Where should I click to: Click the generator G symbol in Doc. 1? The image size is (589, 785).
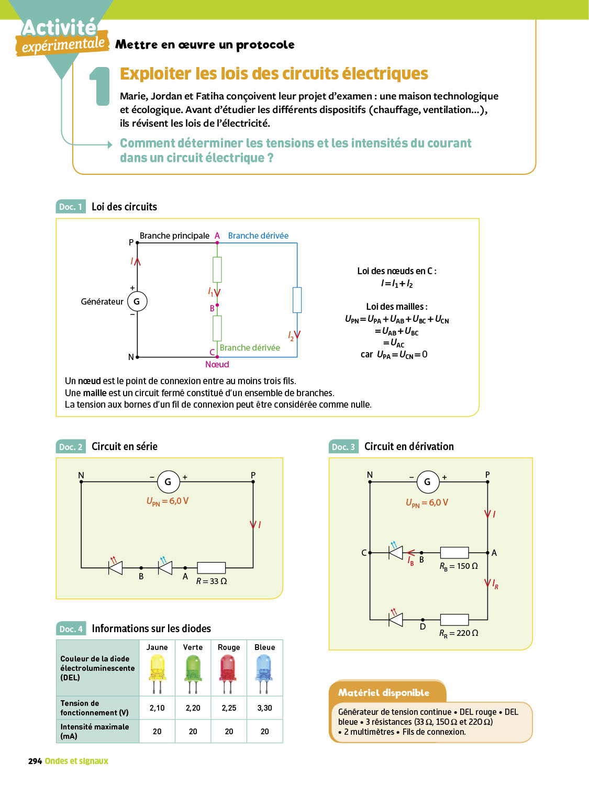click(137, 301)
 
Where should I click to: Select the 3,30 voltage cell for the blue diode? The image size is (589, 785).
click(264, 708)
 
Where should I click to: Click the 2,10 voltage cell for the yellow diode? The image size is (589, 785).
click(157, 708)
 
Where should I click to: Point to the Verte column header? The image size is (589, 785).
click(193, 647)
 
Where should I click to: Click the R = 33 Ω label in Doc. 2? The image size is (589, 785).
click(212, 581)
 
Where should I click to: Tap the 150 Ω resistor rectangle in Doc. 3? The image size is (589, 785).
click(454, 553)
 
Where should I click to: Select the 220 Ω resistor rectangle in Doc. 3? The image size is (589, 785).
click(454, 620)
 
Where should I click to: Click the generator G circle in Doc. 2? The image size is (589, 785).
click(168, 481)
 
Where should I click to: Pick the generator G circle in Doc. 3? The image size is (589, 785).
click(427, 481)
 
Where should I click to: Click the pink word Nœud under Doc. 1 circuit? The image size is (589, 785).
click(217, 365)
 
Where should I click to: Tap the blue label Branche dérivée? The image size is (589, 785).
click(258, 236)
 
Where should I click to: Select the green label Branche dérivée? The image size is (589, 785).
click(250, 348)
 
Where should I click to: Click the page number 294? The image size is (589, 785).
click(35, 761)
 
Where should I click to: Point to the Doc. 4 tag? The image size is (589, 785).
click(71, 629)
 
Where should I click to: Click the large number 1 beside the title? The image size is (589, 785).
click(99, 86)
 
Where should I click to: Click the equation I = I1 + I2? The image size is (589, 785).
click(397, 284)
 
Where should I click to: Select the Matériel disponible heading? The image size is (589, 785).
click(384, 693)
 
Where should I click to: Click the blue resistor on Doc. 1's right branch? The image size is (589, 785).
click(297, 300)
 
